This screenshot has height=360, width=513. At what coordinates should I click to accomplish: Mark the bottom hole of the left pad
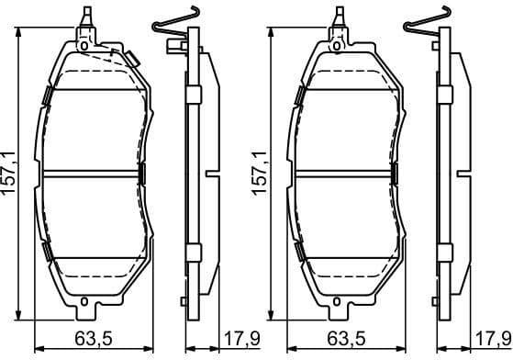(x=84, y=305)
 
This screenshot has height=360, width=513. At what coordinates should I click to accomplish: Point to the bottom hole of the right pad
(x=337, y=305)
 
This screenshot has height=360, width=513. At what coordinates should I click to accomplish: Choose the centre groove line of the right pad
(x=341, y=173)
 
